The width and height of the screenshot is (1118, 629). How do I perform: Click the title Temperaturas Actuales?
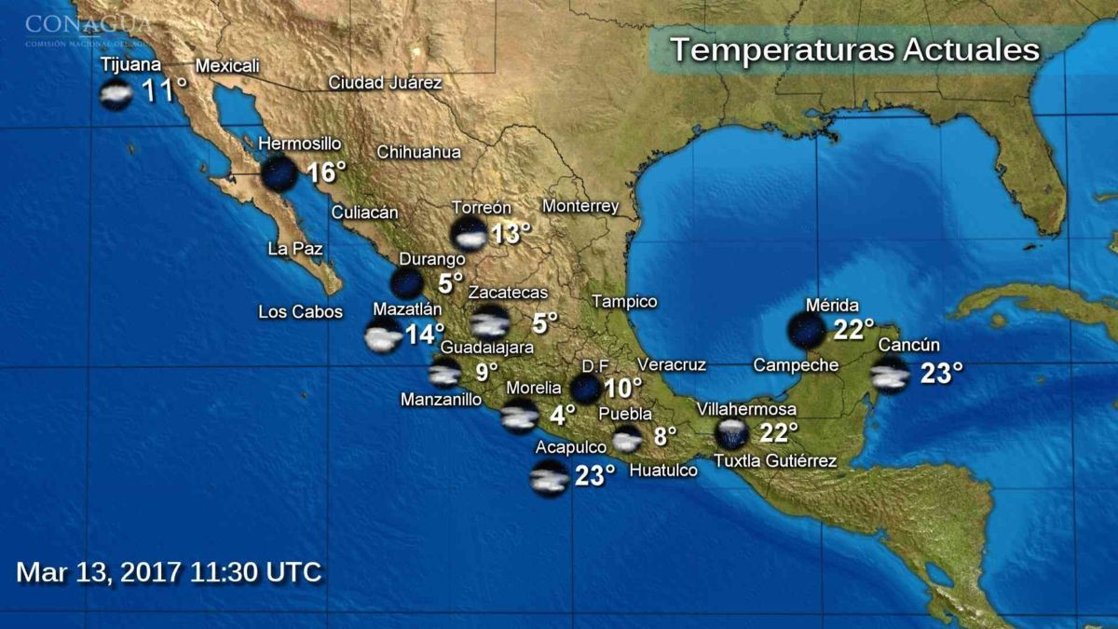tap(854, 49)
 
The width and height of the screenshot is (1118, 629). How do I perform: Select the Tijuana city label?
tap(131, 64)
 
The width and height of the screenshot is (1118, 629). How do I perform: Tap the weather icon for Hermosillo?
tap(279, 173)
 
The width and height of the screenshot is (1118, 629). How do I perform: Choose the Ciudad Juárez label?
tap(385, 83)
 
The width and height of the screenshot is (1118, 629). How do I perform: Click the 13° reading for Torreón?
tap(511, 233)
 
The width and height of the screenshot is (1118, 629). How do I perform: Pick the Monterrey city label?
tap(580, 206)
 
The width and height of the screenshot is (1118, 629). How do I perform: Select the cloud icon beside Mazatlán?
tap(384, 336)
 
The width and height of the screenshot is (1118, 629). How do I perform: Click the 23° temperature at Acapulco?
tap(594, 476)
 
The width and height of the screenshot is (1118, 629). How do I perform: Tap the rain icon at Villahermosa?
tap(731, 434)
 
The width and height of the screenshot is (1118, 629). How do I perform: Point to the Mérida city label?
tap(832, 306)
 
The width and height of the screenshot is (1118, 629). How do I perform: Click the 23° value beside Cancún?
tap(941, 374)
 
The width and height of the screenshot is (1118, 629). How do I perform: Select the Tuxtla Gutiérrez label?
tap(774, 460)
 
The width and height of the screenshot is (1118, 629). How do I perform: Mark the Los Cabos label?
tap(300, 312)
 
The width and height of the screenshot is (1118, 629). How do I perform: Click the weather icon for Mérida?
tap(806, 331)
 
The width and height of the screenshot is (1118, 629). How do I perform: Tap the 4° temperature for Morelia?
tap(563, 412)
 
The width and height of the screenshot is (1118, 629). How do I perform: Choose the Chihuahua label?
tap(418, 153)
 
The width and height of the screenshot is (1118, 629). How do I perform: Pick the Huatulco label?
tap(663, 472)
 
